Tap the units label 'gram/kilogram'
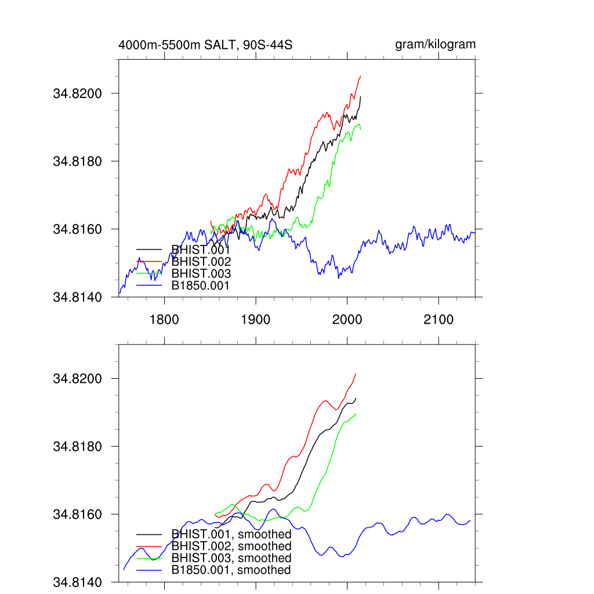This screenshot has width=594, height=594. point(435,45)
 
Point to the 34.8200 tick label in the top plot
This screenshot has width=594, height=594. point(78,93)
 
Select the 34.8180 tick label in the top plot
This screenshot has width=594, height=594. point(78,161)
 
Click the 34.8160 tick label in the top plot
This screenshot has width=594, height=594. point(78,229)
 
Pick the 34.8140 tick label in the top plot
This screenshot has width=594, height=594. point(78,297)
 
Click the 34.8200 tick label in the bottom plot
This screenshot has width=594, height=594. point(78,379)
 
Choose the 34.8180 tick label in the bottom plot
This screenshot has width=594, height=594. point(78,447)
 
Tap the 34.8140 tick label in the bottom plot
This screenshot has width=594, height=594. point(78,582)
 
